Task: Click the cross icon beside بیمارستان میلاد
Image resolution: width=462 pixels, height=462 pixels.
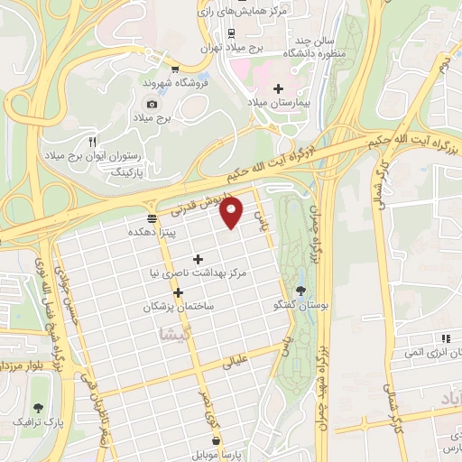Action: click(x=278, y=89)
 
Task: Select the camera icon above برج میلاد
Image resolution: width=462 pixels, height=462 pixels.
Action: click(x=152, y=103)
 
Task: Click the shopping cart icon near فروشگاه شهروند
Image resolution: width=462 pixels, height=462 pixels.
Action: click(x=174, y=68)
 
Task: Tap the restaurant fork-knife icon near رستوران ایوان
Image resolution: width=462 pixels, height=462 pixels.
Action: click(x=91, y=142)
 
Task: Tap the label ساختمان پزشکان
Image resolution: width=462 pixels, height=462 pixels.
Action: click(x=178, y=307)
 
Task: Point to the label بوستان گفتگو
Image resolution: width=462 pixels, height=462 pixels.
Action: click(x=300, y=306)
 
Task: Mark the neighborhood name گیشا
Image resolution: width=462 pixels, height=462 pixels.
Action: click(x=174, y=333)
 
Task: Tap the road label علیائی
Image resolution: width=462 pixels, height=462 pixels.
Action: click(x=235, y=362)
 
